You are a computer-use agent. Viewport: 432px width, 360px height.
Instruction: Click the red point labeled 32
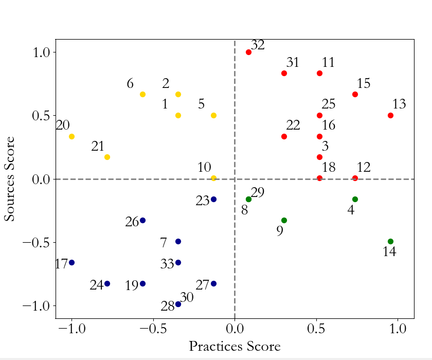click(248, 52)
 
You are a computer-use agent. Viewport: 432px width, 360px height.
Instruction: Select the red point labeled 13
click(390, 115)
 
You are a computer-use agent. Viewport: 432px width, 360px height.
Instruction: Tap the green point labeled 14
click(390, 241)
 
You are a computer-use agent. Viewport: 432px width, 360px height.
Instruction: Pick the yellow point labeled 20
click(71, 136)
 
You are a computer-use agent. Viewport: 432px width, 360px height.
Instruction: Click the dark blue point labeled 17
click(71, 262)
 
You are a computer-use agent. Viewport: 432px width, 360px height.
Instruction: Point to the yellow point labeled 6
click(142, 94)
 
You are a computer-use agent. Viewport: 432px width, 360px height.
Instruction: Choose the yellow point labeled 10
click(213, 178)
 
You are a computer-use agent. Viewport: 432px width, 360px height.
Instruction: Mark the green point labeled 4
click(355, 199)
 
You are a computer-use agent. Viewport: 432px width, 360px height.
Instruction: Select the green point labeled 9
click(284, 220)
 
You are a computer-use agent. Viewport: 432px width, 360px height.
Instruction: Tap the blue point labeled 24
click(107, 283)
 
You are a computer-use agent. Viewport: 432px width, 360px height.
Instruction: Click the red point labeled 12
click(355, 178)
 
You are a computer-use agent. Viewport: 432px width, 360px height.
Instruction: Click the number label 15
click(363, 83)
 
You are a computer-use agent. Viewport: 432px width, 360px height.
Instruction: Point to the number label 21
click(98, 146)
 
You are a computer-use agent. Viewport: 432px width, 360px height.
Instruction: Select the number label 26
click(132, 222)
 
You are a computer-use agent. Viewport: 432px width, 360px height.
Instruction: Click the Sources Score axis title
click(10, 179)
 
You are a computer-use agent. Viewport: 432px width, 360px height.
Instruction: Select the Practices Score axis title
click(235, 346)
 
